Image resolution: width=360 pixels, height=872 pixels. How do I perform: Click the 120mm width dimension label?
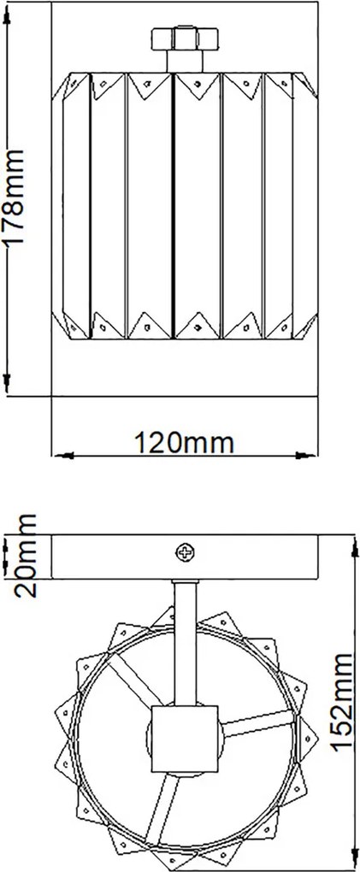point(184,443)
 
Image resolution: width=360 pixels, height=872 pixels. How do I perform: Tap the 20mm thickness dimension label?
point(25,556)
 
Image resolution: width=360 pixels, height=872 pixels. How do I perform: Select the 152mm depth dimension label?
point(342,704)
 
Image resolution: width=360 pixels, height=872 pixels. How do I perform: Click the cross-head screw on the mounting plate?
point(185,552)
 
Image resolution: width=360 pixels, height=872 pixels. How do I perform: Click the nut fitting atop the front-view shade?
point(186,38)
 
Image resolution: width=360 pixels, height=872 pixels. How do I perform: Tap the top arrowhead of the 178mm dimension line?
point(7,18)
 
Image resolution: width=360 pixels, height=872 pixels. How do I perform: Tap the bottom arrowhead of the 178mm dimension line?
point(7,383)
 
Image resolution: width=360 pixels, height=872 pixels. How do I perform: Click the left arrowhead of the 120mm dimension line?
point(64,456)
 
